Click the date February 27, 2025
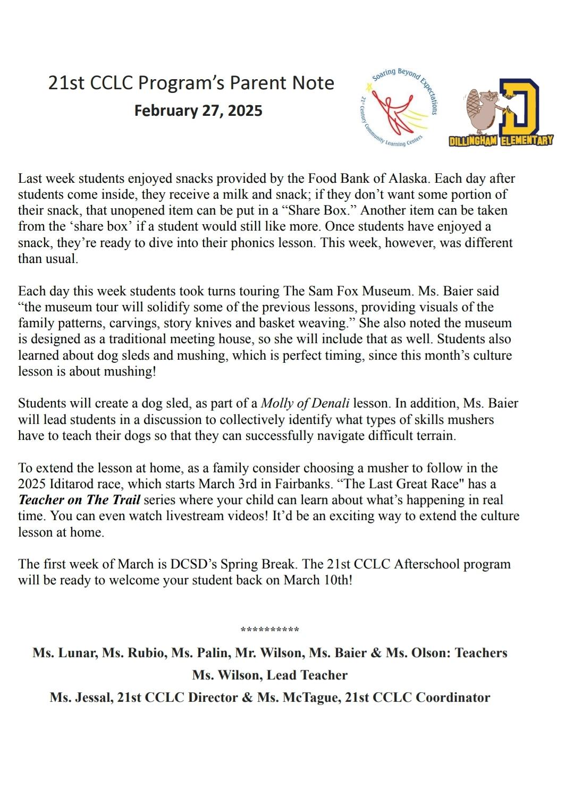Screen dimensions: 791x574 click(x=198, y=110)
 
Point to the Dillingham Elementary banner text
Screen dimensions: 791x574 click(x=501, y=140)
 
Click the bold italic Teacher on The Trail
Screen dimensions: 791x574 click(x=79, y=500)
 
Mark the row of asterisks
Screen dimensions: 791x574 click(x=270, y=630)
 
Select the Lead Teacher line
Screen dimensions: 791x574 click(x=270, y=675)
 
